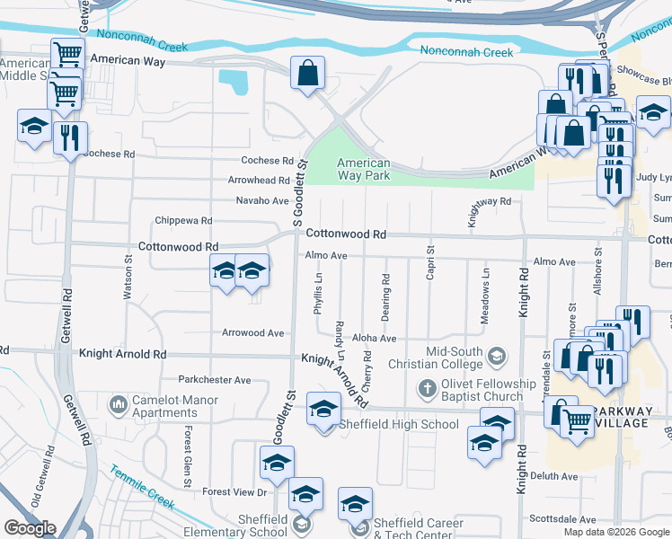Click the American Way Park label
coord(363,170)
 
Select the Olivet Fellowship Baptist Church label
coord(474,390)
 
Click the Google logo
coord(30,528)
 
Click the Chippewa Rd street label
coord(183,220)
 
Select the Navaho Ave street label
coord(262,200)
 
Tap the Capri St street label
coord(430,262)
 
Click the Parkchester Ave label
coord(214,380)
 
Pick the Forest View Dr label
coord(234,492)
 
